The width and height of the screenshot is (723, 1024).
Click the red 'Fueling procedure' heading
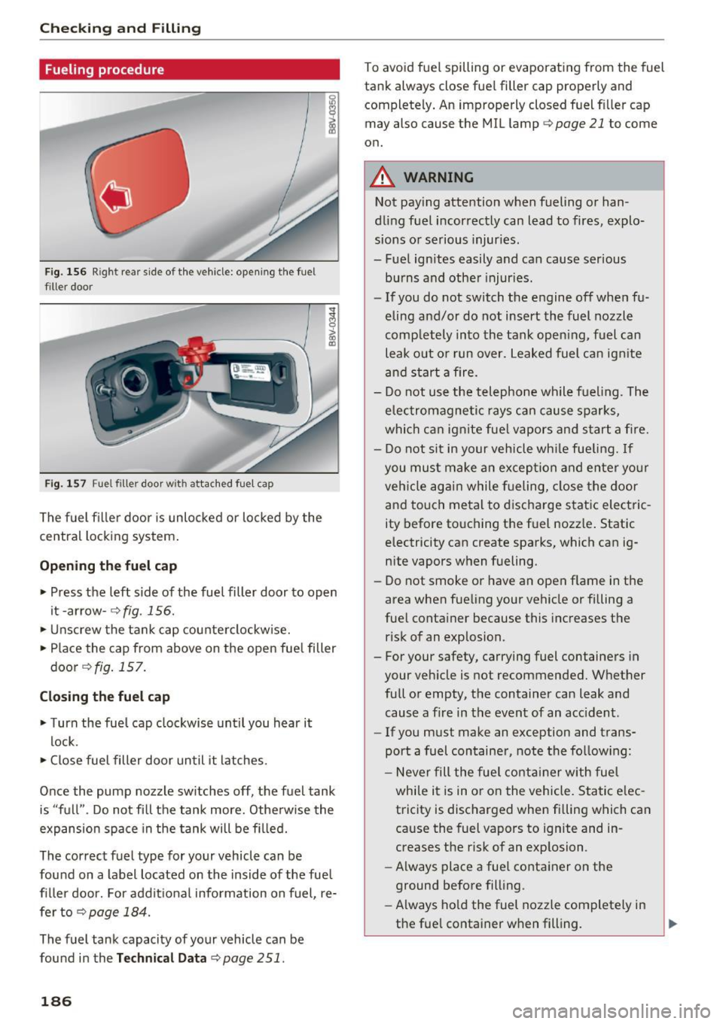pos(104,70)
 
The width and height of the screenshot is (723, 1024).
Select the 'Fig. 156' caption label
pos(66,272)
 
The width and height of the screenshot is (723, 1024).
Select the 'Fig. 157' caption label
pos(66,484)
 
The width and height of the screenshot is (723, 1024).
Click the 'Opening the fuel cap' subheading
pos(108,566)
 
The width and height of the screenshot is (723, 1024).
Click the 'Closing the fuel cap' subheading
pos(105,697)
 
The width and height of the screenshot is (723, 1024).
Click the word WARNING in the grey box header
pos(438,178)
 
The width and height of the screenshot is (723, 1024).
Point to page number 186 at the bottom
pos(56,1001)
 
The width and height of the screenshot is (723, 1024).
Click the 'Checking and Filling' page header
pos(120,29)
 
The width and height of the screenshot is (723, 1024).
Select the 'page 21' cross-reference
pos(579,123)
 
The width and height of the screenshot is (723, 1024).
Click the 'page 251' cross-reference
pos(253,958)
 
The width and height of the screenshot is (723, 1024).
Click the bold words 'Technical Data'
pos(161,958)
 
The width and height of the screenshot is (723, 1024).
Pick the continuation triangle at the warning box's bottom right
pos(673,923)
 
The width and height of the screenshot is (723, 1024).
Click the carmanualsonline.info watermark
pos(637,1010)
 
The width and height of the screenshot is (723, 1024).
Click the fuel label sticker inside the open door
pos(249,372)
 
